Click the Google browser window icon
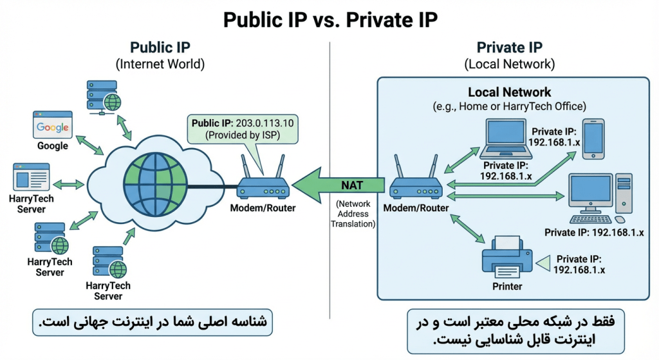52,126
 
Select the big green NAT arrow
341,185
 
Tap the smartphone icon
594,138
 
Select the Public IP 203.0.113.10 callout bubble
243,129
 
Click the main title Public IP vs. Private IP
329,19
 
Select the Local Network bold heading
509,92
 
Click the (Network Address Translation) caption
351,213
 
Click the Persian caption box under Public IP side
152,321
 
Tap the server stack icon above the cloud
102,97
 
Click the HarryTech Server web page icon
31,177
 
